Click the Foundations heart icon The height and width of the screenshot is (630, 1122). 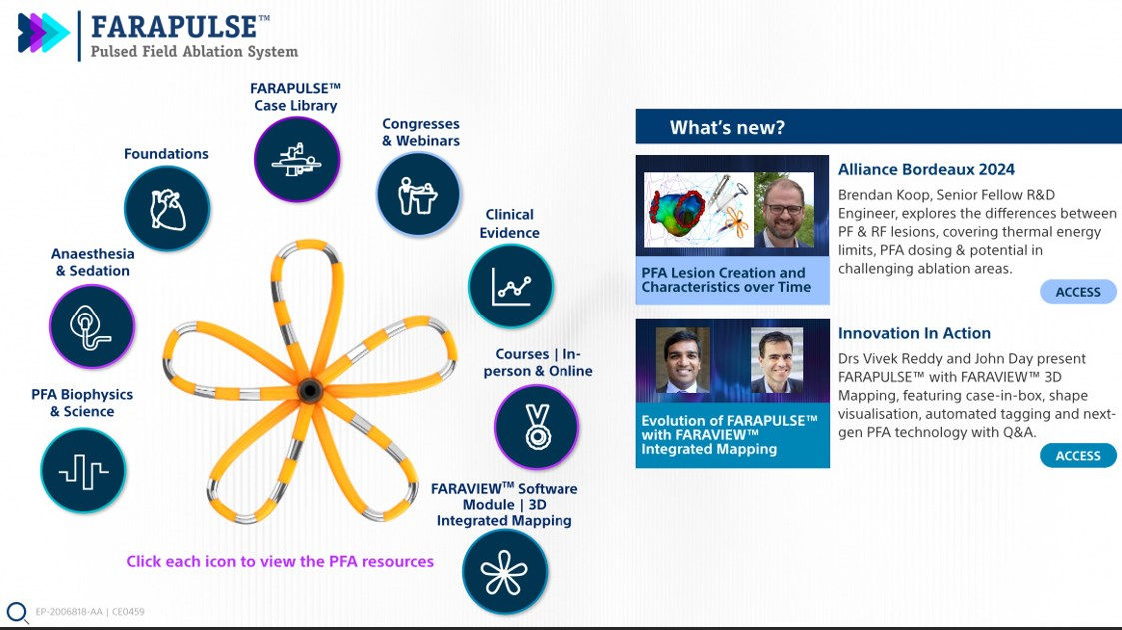[x=167, y=209]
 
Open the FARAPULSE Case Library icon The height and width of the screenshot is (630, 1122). [x=297, y=160]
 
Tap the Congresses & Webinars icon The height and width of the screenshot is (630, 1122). [x=419, y=194]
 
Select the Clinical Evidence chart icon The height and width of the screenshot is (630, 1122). [x=510, y=287]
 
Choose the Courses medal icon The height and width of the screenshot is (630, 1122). [x=537, y=426]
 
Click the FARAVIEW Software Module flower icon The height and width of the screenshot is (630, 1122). [x=504, y=571]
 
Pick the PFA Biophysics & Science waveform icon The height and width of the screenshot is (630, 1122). [x=83, y=471]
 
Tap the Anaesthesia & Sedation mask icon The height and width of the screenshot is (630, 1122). [x=92, y=326]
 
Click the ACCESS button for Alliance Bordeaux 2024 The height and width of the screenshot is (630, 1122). [x=1078, y=292]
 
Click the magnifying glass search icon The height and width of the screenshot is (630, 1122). [x=17, y=612]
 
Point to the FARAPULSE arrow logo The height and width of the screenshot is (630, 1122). [x=43, y=33]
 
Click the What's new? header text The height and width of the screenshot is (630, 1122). [x=727, y=127]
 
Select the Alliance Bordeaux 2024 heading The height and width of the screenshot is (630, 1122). [x=926, y=170]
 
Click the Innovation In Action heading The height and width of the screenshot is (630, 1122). [x=914, y=333]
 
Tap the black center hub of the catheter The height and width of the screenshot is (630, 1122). [x=308, y=387]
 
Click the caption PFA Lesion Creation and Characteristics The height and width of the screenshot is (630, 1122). [x=726, y=280]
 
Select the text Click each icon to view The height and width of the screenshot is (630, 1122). [x=280, y=561]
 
